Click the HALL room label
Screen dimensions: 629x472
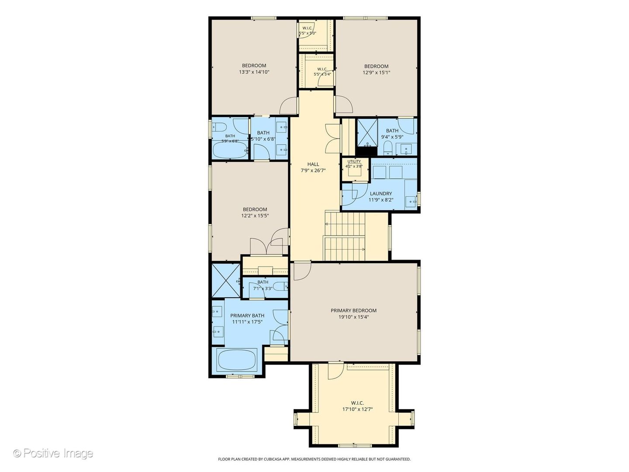point(313,164)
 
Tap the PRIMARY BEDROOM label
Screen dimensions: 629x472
point(353,310)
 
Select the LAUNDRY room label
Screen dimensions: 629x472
point(380,194)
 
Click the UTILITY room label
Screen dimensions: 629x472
point(354,161)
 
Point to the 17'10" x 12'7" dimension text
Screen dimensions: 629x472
point(357,409)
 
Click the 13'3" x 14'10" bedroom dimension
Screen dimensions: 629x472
point(254,72)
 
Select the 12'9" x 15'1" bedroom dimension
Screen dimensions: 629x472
point(376,73)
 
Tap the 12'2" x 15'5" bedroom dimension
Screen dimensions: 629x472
point(255,215)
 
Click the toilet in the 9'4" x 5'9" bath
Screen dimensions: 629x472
point(388,147)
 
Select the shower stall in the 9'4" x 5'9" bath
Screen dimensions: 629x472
point(366,132)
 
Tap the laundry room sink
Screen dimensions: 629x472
point(411,201)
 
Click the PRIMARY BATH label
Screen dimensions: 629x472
point(247,316)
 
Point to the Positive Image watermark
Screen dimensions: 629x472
point(53,453)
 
